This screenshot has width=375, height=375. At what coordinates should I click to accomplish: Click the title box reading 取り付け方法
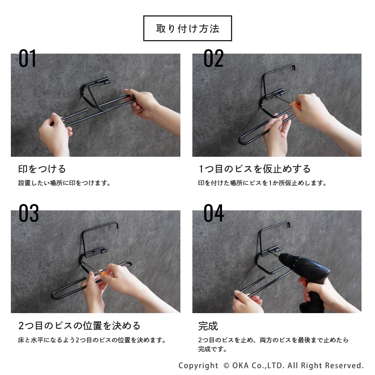[x=187, y=28]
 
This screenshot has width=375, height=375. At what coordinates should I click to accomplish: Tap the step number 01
[x=27, y=58]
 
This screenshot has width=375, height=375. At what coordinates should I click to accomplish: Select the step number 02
[x=213, y=58]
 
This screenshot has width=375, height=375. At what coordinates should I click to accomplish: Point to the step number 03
[x=29, y=213]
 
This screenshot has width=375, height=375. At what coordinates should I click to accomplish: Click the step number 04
[x=214, y=213]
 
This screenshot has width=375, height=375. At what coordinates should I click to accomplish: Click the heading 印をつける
[x=42, y=169]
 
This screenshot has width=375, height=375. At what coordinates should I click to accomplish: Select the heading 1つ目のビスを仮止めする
[x=255, y=169]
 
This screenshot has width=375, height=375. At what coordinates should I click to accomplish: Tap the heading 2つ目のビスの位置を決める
[x=79, y=325]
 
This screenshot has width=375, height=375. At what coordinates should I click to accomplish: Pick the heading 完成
[x=208, y=326]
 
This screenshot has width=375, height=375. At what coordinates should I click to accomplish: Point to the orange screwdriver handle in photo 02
[x=297, y=105]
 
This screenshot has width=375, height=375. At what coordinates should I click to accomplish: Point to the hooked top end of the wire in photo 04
[x=289, y=224]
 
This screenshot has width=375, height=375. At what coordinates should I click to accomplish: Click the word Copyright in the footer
[x=198, y=366]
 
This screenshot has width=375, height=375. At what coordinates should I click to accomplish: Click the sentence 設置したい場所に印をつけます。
[x=64, y=183]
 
